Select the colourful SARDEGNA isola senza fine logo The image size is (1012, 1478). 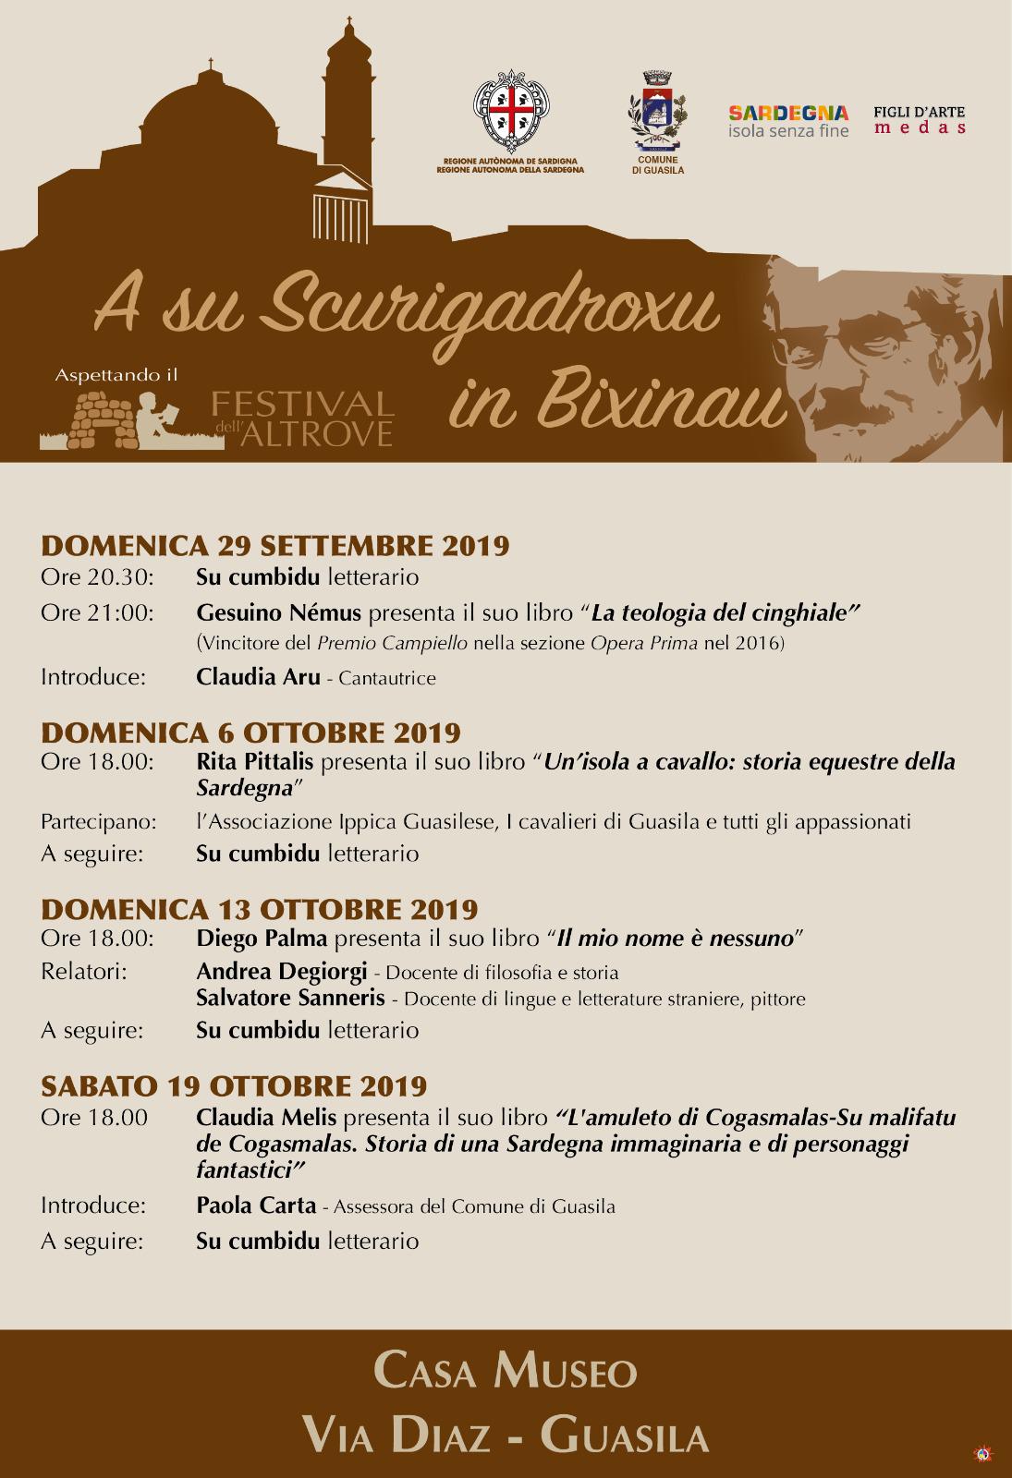coord(788,120)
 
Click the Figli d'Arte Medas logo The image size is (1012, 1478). coord(919,120)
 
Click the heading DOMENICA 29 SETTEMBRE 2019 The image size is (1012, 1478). coord(275,545)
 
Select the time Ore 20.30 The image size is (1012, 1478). coord(97,577)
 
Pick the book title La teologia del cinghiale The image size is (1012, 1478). coord(725,612)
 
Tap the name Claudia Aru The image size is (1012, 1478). coord(258,677)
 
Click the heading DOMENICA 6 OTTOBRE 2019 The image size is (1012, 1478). coord(250,733)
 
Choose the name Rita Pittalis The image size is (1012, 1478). coord(254,763)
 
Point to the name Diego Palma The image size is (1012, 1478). coord(262,939)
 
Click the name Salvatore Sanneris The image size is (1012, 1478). coord(290,998)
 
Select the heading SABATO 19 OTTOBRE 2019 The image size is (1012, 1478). coord(234,1085)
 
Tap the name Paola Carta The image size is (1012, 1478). coord(256,1205)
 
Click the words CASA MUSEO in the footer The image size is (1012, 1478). coord(506,1372)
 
